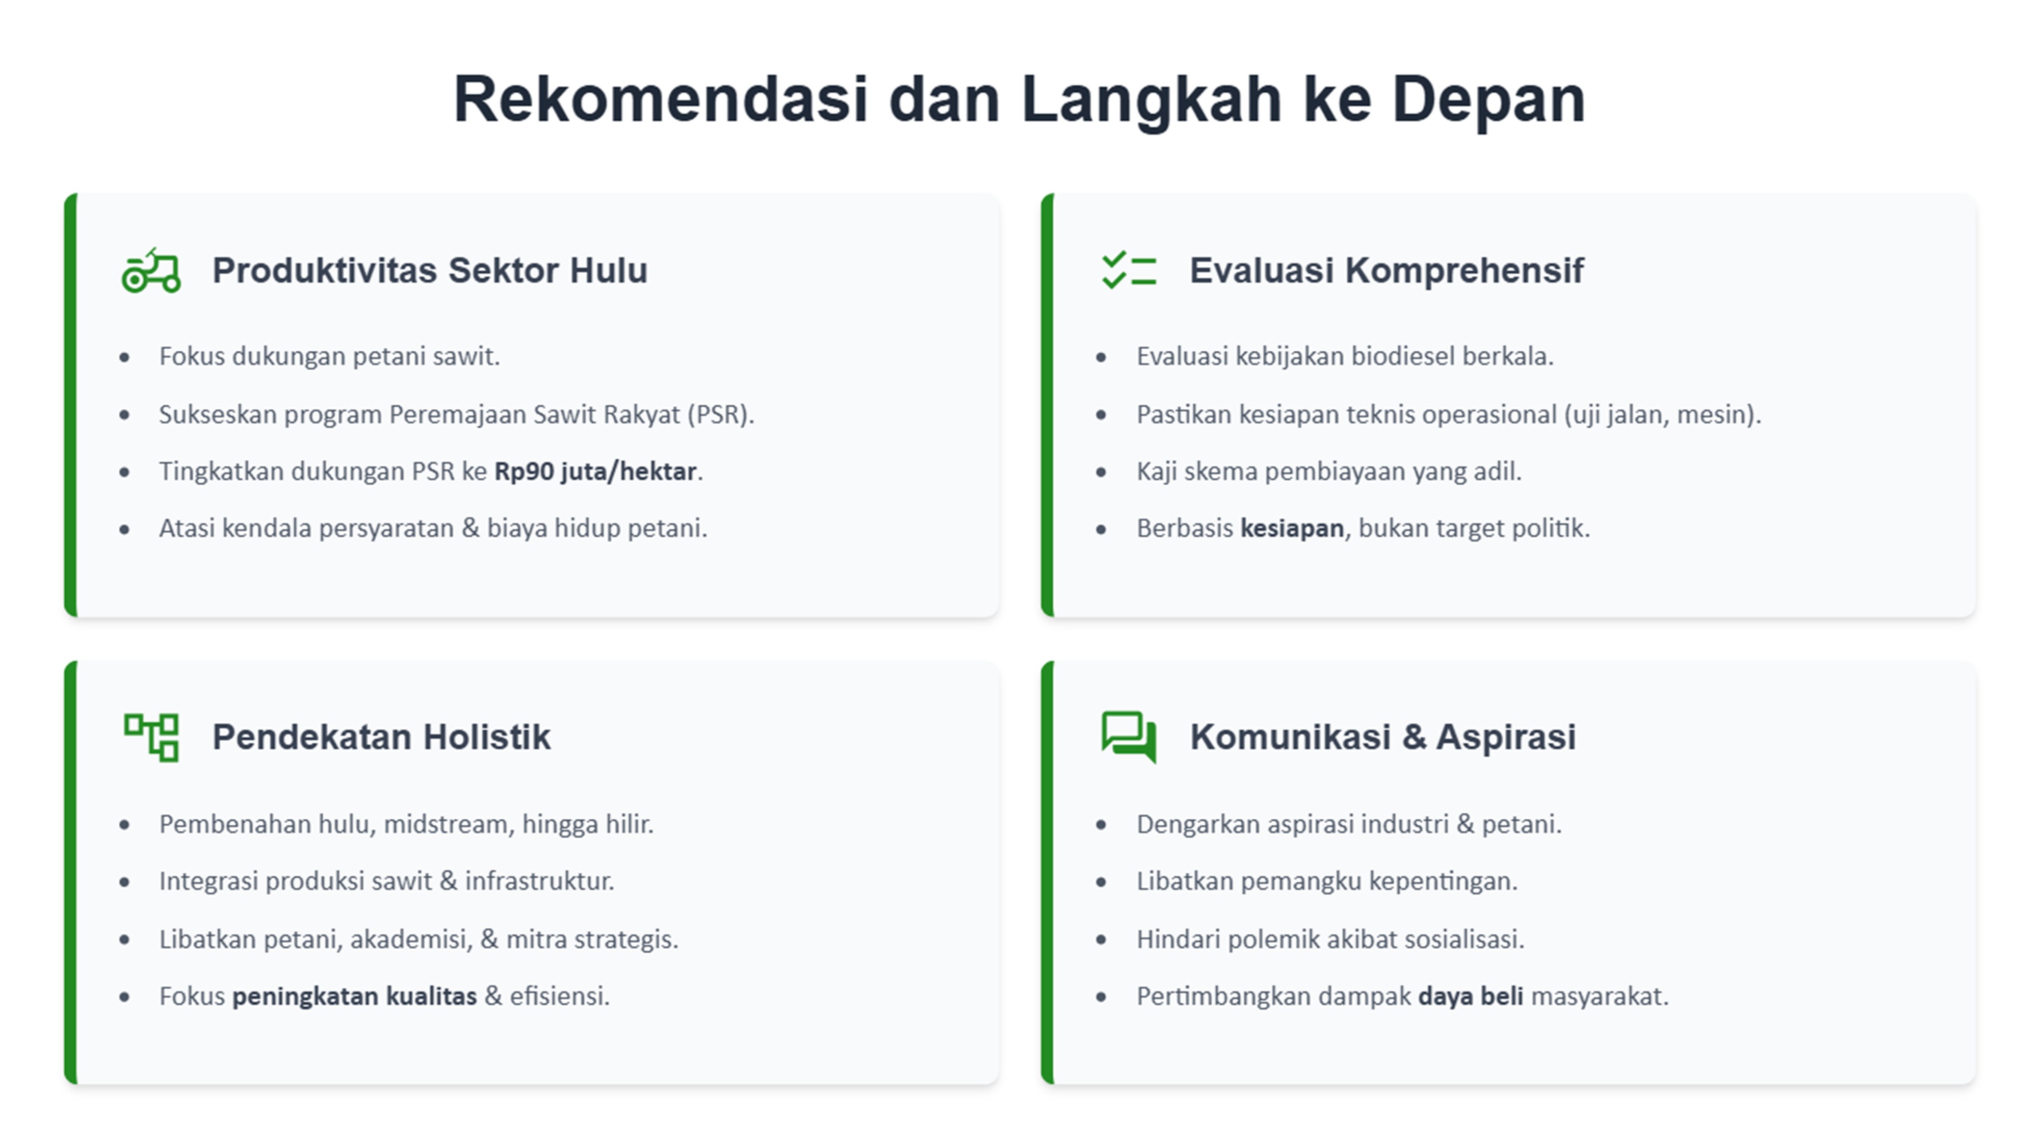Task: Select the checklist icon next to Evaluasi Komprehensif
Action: click(x=1129, y=270)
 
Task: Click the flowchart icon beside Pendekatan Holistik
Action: click(x=151, y=737)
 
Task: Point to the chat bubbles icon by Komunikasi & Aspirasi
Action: click(x=1129, y=737)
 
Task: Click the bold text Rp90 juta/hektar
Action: click(x=595, y=472)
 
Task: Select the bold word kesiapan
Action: click(x=1292, y=529)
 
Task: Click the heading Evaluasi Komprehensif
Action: click(x=1387, y=271)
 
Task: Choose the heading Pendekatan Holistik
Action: click(x=381, y=738)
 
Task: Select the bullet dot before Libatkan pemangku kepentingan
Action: click(x=1101, y=882)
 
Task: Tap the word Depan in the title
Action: click(x=1488, y=100)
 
